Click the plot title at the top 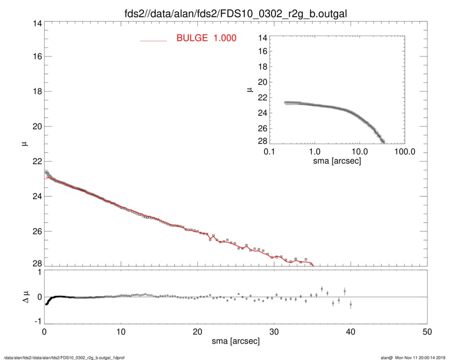pos(225,12)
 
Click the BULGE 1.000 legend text pos(206,38)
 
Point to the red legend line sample pos(154,40)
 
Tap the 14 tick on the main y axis pos(36,24)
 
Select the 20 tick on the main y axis pos(36,126)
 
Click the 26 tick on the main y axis pos(36,231)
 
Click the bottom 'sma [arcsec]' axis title pos(236,341)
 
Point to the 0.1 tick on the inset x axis pos(269,152)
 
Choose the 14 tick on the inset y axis pos(263,38)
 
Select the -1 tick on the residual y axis pos(37,321)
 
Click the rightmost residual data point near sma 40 pos(350,304)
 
